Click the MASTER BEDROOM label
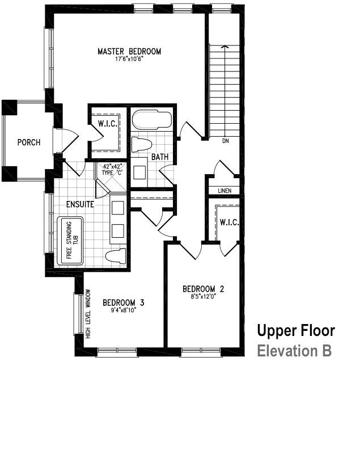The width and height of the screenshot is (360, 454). click(129, 52)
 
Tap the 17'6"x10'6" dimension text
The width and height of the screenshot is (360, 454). click(129, 59)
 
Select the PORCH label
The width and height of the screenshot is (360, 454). click(28, 142)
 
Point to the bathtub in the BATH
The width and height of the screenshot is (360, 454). click(151, 120)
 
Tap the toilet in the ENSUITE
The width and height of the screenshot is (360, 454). click(117, 256)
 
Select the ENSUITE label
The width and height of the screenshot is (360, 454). click(79, 204)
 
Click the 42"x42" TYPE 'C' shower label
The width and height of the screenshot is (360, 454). click(113, 170)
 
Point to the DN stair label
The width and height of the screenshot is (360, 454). click(225, 141)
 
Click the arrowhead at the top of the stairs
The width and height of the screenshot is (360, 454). click(225, 48)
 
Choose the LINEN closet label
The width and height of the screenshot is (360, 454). click(225, 190)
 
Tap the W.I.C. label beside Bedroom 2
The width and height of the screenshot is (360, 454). click(230, 222)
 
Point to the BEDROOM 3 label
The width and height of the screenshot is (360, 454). click(123, 302)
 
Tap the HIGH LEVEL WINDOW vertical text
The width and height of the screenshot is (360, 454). click(88, 314)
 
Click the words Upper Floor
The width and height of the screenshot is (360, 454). click(295, 330)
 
